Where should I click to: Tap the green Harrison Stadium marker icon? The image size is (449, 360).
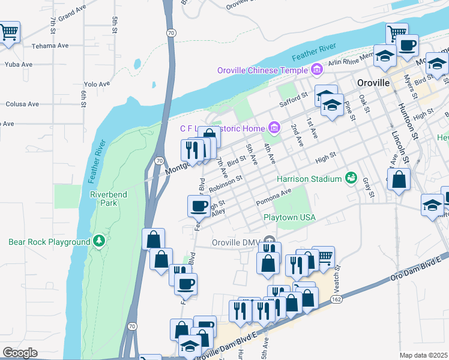pyautogui.click(x=351, y=179)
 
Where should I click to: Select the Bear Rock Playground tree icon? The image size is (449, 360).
pyautogui.click(x=99, y=242)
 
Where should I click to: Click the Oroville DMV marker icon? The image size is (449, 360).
pyautogui.click(x=267, y=243)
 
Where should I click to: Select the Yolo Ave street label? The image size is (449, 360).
pyautogui.click(x=97, y=85)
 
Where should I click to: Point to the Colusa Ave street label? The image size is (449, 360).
pyautogui.click(x=22, y=104)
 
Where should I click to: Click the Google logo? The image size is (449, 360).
pyautogui.click(x=20, y=352)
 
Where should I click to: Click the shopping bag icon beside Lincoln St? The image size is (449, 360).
pyautogui.click(x=399, y=178)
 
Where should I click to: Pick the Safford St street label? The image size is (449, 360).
pyautogui.click(x=296, y=95)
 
